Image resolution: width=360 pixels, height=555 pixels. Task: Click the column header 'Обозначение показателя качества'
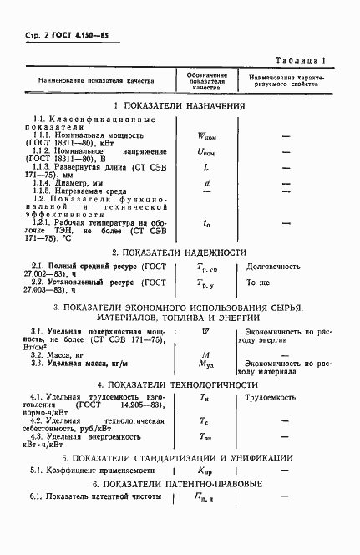[x=205, y=81]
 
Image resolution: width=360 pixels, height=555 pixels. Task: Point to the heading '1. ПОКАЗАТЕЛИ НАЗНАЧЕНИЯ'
[x=180, y=106]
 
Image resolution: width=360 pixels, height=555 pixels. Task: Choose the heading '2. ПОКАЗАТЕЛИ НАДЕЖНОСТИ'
[x=180, y=252]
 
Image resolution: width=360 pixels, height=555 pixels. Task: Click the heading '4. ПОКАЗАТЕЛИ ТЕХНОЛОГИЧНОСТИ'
[x=180, y=384]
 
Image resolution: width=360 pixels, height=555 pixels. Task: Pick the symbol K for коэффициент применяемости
[x=205, y=472]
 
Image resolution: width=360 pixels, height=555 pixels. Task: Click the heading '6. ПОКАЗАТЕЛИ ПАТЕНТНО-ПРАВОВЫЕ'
[x=180, y=485]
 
